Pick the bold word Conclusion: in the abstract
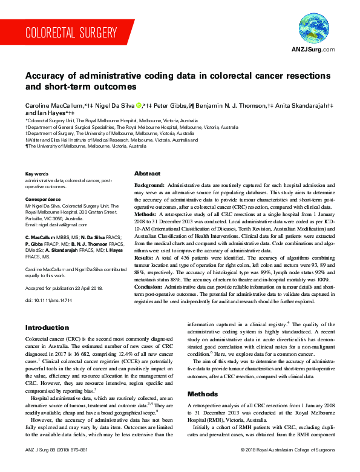point(149,287)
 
